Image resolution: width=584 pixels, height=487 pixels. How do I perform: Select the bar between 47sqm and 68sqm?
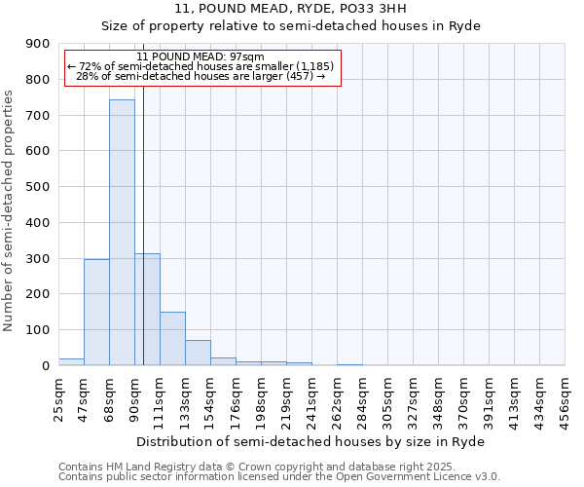coord(96,312)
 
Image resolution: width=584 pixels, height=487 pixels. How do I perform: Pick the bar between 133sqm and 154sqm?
coord(198,353)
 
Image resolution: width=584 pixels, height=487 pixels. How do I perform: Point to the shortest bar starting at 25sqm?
coord(71,361)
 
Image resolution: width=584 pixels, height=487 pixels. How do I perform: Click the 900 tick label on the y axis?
coord(38,44)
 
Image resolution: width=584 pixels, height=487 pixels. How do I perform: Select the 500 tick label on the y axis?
coord(38,187)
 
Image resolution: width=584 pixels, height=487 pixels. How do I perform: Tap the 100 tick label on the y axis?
coord(38,330)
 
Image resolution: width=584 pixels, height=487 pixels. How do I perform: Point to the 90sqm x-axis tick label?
coord(134,399)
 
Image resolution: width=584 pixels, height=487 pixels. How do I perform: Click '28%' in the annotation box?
coord(86,76)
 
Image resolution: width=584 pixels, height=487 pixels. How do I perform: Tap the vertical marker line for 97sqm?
coord(143,243)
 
